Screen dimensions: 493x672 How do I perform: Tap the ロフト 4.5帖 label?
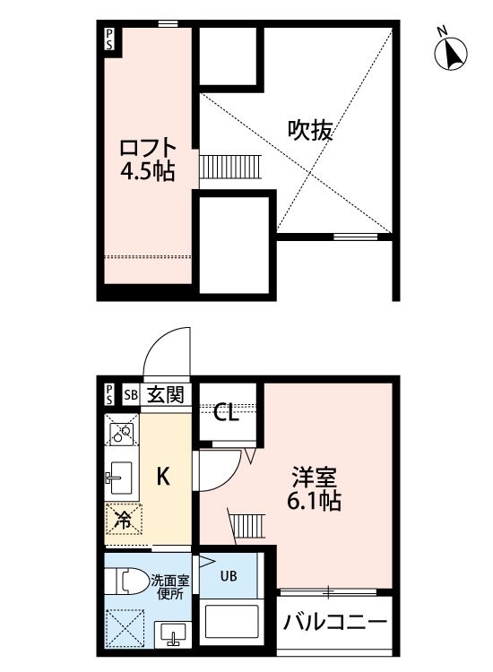click(x=148, y=159)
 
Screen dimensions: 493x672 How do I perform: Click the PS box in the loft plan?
click(x=109, y=39)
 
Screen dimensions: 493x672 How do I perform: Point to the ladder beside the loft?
click(x=229, y=168)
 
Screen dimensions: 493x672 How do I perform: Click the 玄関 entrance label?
click(x=166, y=394)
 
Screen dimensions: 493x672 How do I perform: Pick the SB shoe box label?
click(x=131, y=394)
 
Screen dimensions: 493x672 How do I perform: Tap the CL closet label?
click(x=227, y=413)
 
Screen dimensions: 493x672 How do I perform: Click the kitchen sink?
click(x=122, y=478)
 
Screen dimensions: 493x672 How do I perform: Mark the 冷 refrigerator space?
click(x=124, y=520)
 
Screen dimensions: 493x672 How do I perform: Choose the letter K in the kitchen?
click(x=163, y=476)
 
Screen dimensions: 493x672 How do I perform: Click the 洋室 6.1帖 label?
click(x=314, y=488)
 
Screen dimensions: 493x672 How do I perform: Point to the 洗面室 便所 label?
click(x=169, y=588)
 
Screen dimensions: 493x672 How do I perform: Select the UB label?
click(x=229, y=575)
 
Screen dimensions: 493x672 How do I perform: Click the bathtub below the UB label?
click(x=231, y=622)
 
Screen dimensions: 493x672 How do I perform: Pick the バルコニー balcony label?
click(x=335, y=622)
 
